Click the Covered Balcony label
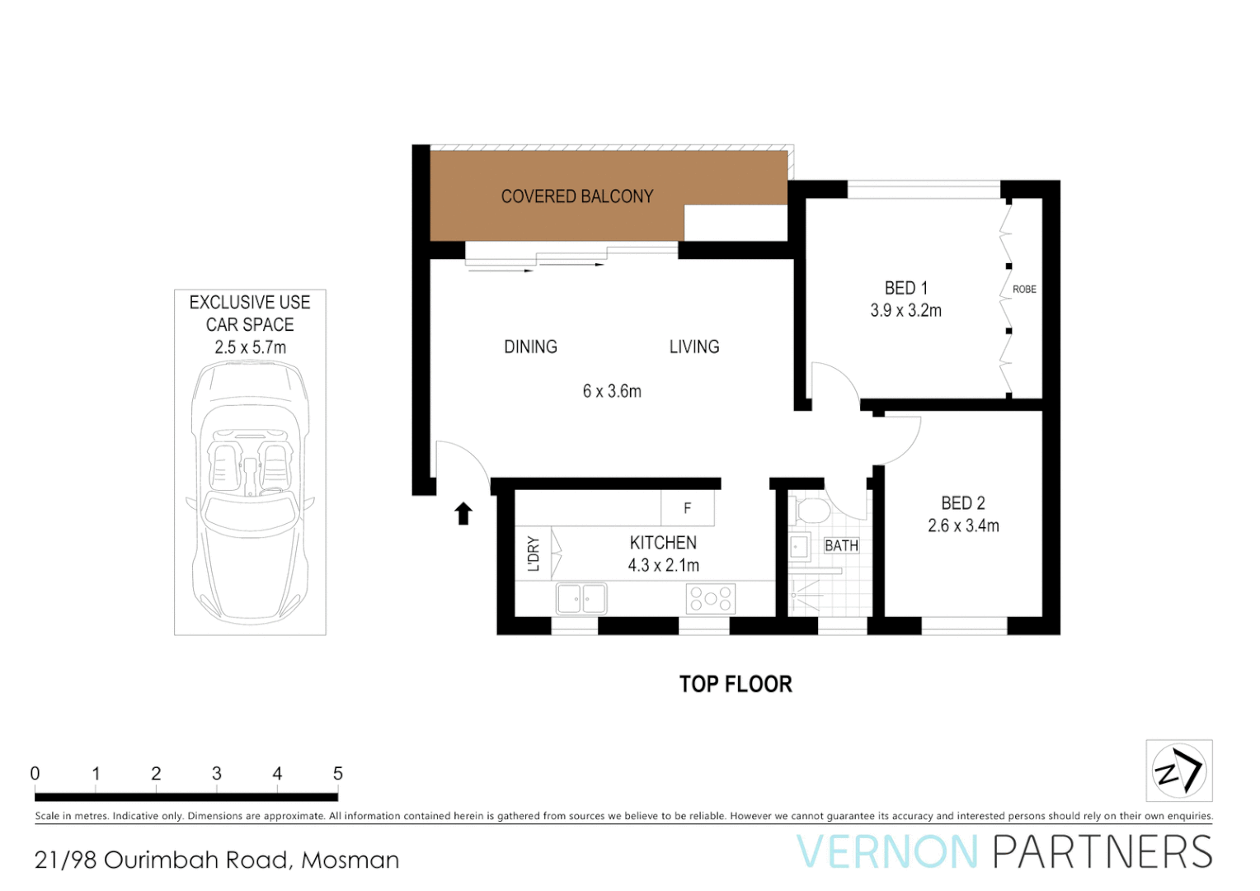[577, 196]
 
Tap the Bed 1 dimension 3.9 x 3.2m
[905, 311]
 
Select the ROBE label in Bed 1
[1024, 290]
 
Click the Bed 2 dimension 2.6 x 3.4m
[963, 526]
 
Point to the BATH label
[841, 545]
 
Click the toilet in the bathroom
[812, 511]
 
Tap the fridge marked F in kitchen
[687, 508]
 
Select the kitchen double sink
[581, 599]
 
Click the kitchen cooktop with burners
[710, 599]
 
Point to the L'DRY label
[534, 554]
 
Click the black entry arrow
[463, 513]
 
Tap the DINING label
[530, 347]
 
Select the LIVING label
[694, 347]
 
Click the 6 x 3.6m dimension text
[612, 392]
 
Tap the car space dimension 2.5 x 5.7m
[250, 348]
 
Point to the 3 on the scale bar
[217, 774]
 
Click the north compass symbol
[1178, 771]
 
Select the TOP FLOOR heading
[736, 685]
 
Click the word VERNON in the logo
[886, 852]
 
